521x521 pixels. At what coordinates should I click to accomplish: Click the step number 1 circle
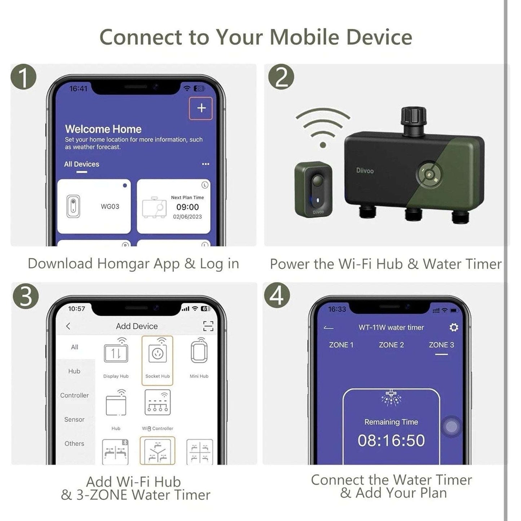coord(23,77)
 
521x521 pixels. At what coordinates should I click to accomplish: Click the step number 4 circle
coord(276,296)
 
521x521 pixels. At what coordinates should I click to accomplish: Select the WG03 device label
coord(110,207)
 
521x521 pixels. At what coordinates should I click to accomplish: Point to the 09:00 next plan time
coord(187,207)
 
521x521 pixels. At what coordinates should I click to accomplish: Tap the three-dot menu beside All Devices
coord(206,164)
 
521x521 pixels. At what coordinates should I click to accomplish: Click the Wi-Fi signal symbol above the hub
coord(323,127)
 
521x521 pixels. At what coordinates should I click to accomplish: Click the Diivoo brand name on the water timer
coord(365,171)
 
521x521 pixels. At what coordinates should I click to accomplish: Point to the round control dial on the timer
coord(429,174)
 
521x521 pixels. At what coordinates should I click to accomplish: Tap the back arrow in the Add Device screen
coord(68,326)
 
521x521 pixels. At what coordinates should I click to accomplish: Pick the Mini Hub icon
coord(199,351)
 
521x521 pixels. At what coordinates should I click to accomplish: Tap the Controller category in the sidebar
coord(74,395)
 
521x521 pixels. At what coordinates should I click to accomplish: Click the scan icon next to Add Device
coord(208,326)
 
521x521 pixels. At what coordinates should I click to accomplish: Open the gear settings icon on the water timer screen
coord(454,327)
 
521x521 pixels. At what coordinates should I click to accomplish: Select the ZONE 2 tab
coord(391,345)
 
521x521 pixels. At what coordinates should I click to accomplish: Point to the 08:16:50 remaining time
coord(391,441)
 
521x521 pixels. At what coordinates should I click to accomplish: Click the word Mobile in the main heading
coord(304,37)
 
